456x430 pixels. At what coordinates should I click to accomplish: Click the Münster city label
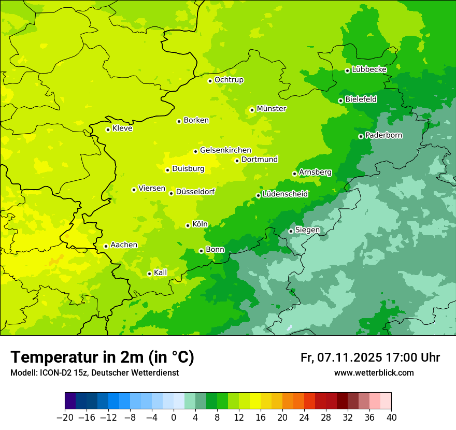click(x=272, y=109)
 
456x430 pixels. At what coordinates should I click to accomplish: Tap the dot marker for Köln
click(x=188, y=225)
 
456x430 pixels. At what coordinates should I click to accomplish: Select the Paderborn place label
click(x=384, y=135)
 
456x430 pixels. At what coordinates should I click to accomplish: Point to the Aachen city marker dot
click(x=106, y=246)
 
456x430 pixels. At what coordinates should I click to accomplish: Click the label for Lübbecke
click(x=369, y=69)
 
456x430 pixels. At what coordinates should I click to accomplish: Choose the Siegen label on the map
click(x=307, y=230)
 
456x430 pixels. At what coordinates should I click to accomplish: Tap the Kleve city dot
click(x=108, y=130)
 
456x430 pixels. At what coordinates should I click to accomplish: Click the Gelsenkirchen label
click(x=225, y=150)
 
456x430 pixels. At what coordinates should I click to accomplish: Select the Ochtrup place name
click(x=229, y=80)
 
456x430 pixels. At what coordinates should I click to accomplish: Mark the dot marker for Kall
click(x=149, y=274)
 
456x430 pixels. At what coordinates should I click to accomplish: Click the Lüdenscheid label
click(x=286, y=194)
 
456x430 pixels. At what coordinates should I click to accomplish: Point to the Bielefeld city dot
click(x=340, y=101)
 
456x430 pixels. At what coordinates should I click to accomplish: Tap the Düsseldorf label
click(x=195, y=192)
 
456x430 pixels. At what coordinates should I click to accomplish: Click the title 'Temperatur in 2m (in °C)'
click(x=102, y=357)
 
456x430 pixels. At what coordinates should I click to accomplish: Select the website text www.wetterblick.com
click(x=374, y=373)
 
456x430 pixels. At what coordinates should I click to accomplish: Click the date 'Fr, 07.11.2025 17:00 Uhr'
click(x=370, y=357)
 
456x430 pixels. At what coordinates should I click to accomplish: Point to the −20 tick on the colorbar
click(x=65, y=418)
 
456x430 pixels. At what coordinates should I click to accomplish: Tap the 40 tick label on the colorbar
click(x=391, y=418)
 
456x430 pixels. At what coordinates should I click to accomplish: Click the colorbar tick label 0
click(x=174, y=418)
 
